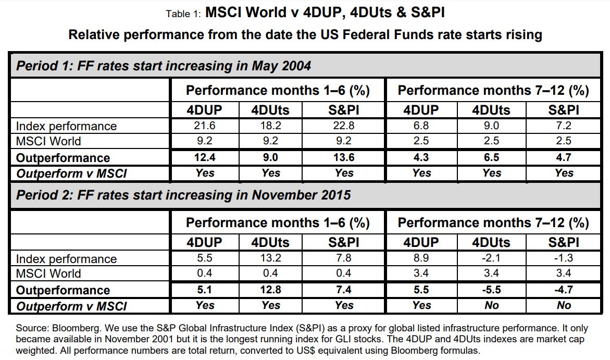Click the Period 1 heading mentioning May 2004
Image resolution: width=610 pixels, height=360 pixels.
pos(164,66)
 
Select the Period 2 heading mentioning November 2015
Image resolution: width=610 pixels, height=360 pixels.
pos(183,195)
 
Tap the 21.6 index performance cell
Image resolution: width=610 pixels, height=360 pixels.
pos(204,126)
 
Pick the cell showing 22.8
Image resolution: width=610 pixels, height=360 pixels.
pos(344,126)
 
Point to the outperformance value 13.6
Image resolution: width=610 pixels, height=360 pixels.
pos(344,158)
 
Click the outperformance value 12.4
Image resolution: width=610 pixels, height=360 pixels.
pos(204,158)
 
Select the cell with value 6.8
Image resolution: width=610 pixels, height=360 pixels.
pos(421,126)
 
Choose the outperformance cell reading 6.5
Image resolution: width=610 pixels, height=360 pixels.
pos(492,158)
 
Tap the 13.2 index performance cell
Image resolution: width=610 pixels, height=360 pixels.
pos(271,259)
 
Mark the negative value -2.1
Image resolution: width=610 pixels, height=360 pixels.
pos(492,259)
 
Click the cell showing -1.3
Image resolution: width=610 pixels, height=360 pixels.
pos(564,259)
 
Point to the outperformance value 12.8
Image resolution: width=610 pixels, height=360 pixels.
pos(271,290)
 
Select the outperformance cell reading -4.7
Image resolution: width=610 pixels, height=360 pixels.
pos(564,290)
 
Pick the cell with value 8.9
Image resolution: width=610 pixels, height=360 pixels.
pos(421,259)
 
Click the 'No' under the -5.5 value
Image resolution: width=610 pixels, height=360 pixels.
pos(492,305)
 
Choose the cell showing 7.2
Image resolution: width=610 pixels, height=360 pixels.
pos(564,126)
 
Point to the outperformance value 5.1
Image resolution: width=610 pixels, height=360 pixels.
pos(204,290)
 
